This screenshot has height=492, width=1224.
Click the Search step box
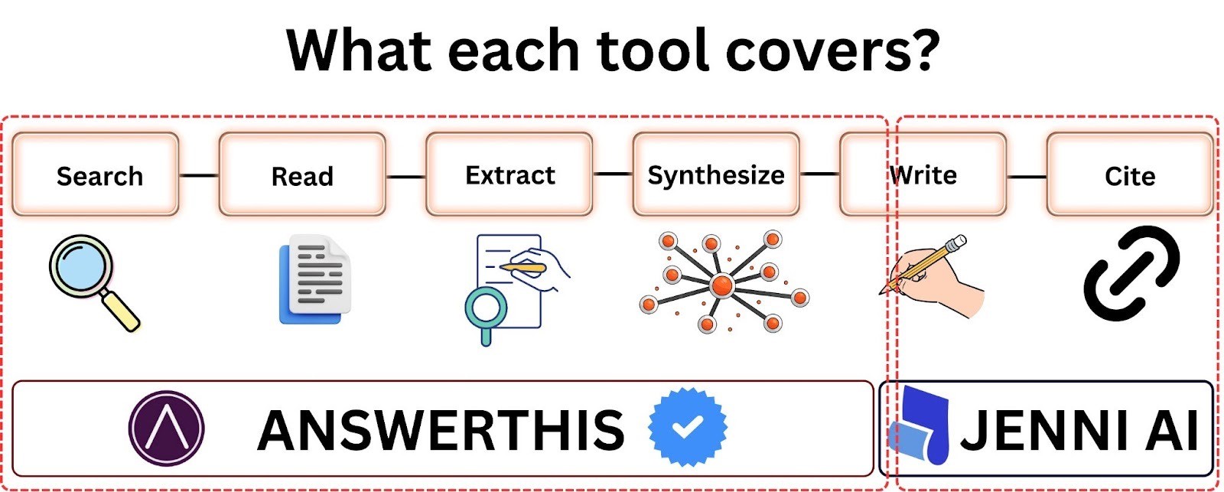96,174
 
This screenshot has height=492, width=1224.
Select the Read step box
302,174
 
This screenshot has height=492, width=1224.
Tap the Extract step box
509,174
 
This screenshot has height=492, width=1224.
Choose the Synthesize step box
716,174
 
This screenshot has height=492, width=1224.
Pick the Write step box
923,174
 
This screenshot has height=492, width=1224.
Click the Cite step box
1130,174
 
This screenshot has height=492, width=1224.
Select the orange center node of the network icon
721,285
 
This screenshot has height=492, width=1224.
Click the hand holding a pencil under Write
933,277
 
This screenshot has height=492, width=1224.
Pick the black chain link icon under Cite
1131,273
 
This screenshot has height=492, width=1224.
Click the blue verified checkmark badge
687,426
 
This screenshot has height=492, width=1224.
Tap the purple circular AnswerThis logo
166,428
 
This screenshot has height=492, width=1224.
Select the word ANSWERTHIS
441,429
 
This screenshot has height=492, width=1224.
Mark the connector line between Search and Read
199,175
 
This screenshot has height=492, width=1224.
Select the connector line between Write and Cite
1027,177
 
